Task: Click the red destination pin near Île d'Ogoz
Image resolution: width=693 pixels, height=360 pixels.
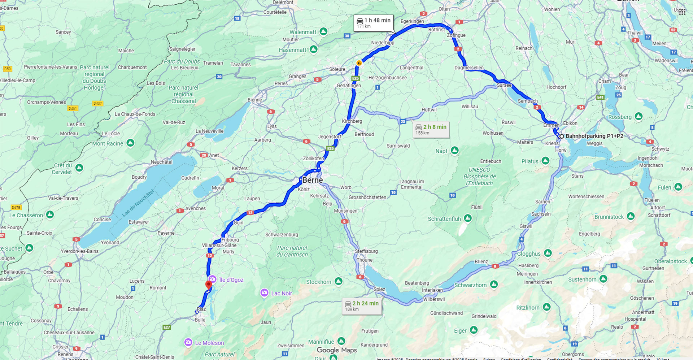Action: coord(209,285)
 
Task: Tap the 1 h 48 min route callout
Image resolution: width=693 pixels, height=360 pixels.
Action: coord(374,23)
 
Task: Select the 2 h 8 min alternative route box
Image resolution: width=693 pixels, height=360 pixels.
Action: coord(431,129)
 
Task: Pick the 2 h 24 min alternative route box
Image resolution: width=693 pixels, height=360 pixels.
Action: coord(362,306)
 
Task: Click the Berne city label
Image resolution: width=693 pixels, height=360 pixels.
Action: coord(313,180)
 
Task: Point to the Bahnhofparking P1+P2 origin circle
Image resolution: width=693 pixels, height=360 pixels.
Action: coord(562,136)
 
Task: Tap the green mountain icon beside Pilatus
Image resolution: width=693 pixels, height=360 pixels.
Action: coord(545,161)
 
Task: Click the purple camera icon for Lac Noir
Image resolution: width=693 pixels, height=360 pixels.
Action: coord(264,293)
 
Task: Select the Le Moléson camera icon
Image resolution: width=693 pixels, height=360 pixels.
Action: coord(188,342)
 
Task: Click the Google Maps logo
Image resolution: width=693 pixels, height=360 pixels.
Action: coord(337,350)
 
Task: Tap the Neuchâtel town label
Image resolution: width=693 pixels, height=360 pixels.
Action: coord(161,162)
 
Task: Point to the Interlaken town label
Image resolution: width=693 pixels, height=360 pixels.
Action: coord(432,290)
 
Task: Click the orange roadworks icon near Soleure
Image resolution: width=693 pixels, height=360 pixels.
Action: coord(359,63)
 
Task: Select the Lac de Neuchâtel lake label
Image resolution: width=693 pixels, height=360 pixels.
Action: coord(138,203)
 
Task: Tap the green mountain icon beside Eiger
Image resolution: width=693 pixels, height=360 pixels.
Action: coord(474,330)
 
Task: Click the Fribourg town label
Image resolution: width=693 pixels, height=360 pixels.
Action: coord(230,240)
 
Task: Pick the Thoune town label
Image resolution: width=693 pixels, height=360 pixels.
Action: coord(365,260)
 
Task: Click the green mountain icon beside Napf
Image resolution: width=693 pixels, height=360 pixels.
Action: coord(455,151)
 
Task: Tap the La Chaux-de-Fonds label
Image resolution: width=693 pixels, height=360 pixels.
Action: coord(135,114)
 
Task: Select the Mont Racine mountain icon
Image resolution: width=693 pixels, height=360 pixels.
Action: coord(130,143)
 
